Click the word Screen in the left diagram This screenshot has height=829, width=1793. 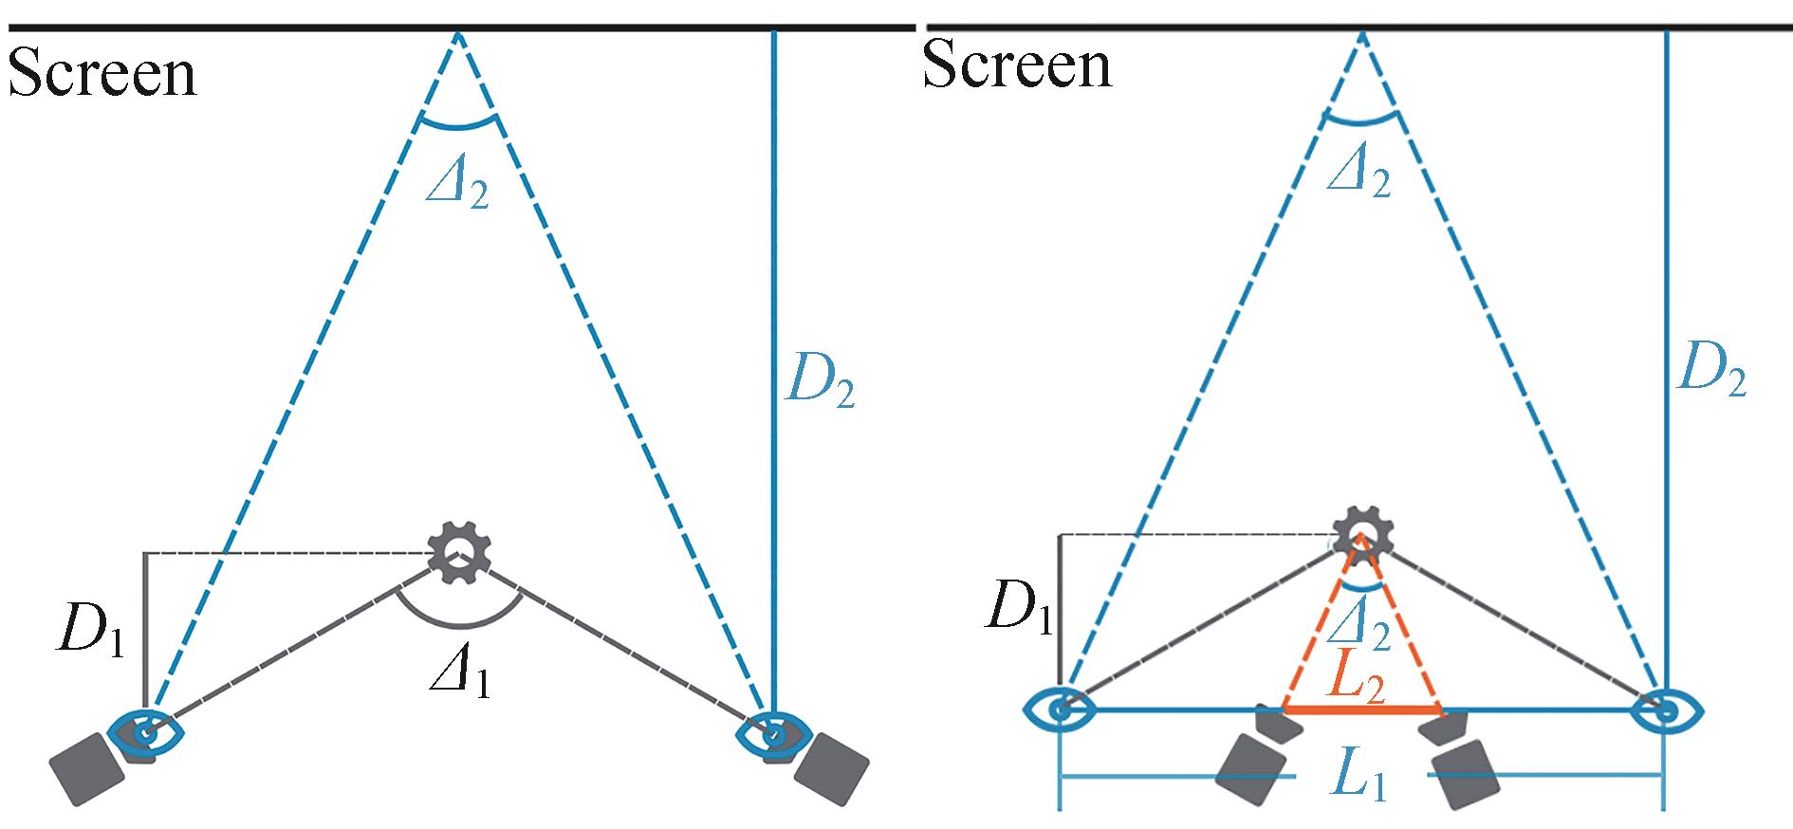pyautogui.click(x=102, y=74)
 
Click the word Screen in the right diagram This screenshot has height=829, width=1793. pyautogui.click(x=1016, y=65)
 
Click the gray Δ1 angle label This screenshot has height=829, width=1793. pyautogui.click(x=460, y=675)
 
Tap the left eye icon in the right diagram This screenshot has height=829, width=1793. pyautogui.click(x=1061, y=708)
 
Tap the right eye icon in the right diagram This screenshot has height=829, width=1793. pyautogui.click(x=1667, y=709)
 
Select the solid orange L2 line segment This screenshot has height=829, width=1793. pyautogui.click(x=1362, y=709)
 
